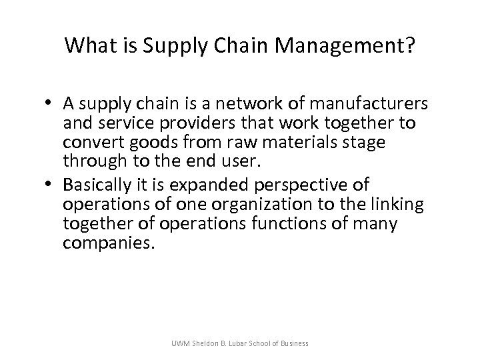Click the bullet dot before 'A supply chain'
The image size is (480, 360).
[51, 104]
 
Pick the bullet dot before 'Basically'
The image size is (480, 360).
[51, 184]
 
